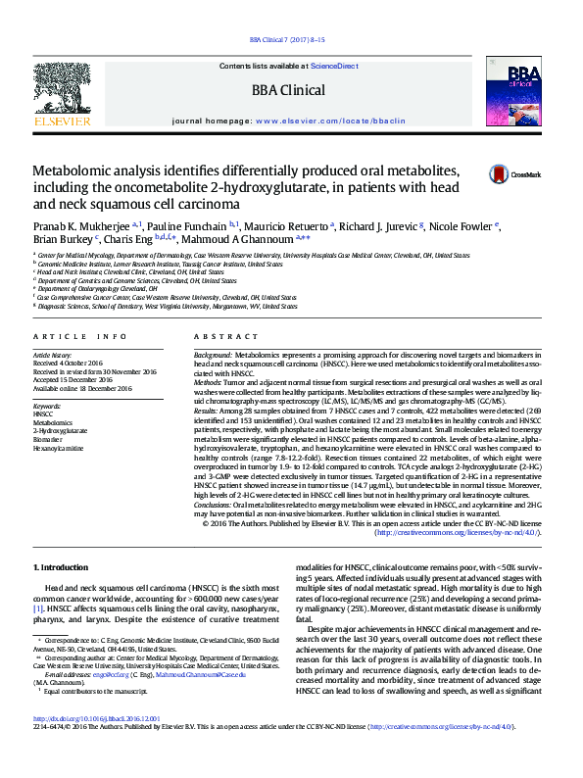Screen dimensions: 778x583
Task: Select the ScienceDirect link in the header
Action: coord(334,66)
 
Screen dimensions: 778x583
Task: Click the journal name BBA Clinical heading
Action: coord(288,91)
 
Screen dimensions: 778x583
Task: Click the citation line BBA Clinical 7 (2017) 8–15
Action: coord(287,40)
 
